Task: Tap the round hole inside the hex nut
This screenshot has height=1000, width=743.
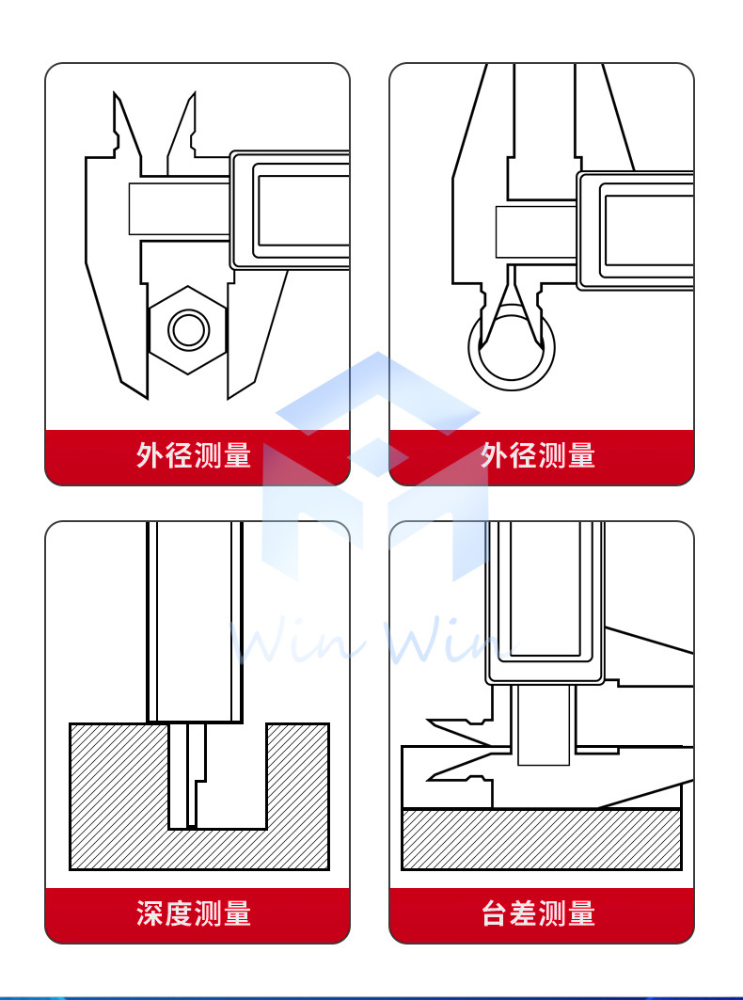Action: (x=188, y=330)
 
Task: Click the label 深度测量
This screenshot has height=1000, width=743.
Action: (x=194, y=913)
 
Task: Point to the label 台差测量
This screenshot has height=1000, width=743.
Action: (x=538, y=913)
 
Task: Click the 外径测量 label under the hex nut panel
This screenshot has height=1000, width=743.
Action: (x=194, y=456)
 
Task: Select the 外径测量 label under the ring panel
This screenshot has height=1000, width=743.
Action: (x=538, y=456)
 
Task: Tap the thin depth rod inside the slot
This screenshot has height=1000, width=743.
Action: (x=192, y=776)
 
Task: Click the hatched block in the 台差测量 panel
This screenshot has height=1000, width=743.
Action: (x=541, y=839)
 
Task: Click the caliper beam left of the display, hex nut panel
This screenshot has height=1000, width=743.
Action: (x=179, y=209)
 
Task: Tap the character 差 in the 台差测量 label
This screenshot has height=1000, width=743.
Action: (x=524, y=913)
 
